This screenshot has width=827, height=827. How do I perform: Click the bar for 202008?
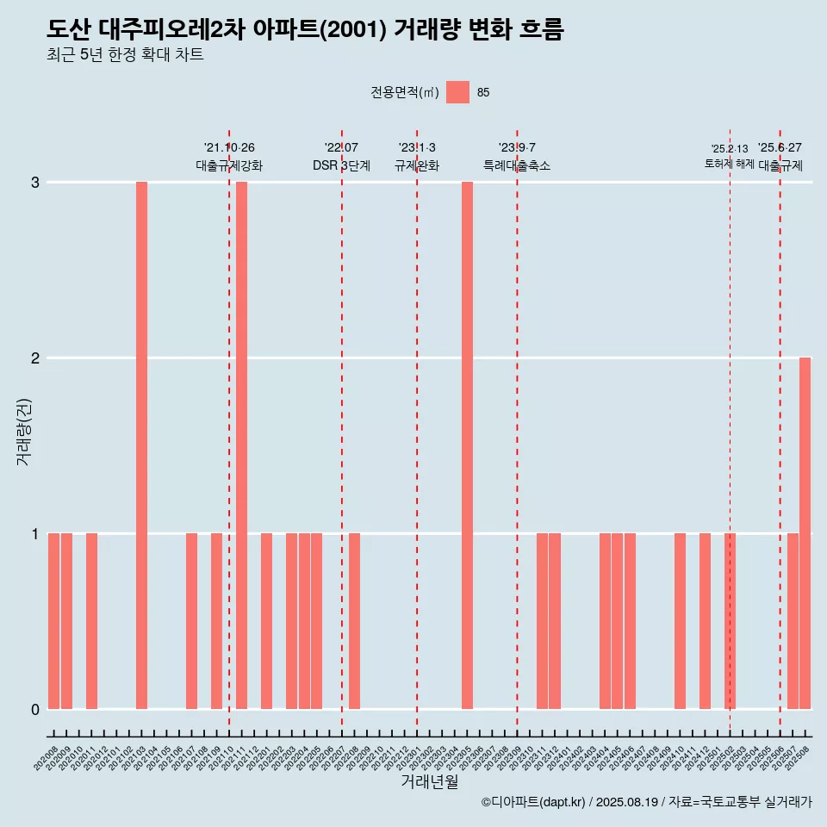coord(53,621)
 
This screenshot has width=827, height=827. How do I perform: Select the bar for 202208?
coord(354,621)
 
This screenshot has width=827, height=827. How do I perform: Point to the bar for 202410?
coord(680,621)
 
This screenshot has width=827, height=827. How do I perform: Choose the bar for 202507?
coord(793,621)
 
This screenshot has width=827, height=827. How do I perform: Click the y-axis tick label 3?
coord(35,183)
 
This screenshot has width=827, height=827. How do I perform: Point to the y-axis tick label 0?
coord(35,710)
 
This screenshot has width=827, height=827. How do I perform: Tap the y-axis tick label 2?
coord(35,358)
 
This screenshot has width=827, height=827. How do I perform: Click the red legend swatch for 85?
coord(457,93)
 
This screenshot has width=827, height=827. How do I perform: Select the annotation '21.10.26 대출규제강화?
coord(229,157)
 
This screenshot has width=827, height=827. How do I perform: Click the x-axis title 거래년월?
coord(429,782)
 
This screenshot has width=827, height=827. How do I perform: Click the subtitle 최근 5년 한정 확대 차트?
coord(125,55)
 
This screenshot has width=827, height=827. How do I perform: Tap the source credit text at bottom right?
coord(647,802)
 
